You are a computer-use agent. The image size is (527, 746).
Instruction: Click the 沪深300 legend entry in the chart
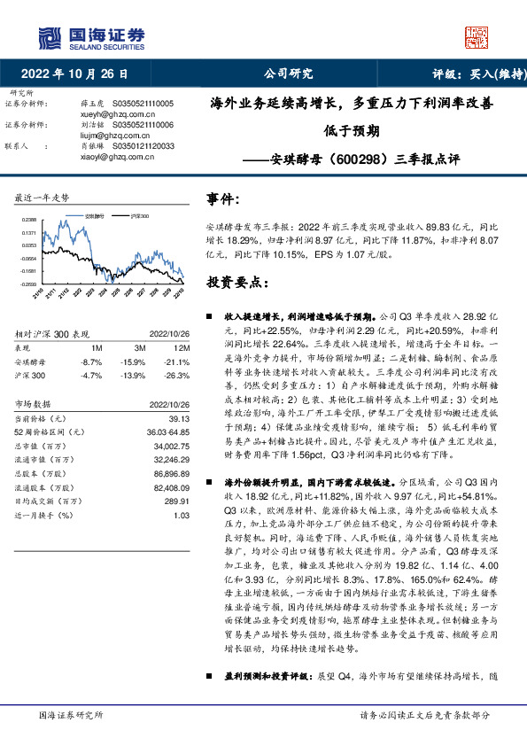[137, 215]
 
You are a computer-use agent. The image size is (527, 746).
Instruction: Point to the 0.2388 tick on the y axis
[30, 219]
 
